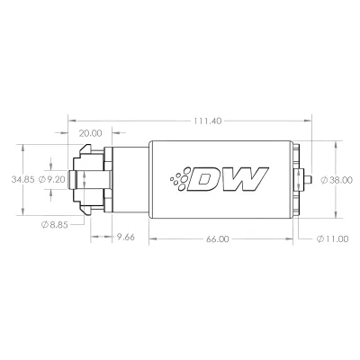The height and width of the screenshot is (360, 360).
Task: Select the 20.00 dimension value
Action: pyautogui.click(x=90, y=133)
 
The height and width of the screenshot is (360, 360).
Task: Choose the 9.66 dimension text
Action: pyautogui.click(x=130, y=238)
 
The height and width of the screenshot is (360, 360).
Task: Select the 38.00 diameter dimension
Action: pyautogui.click(x=339, y=179)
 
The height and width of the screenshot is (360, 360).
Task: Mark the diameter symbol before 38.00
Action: pyautogui.click(x=321, y=179)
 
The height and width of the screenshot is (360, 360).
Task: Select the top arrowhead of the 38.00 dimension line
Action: pyautogui.click(x=335, y=143)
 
